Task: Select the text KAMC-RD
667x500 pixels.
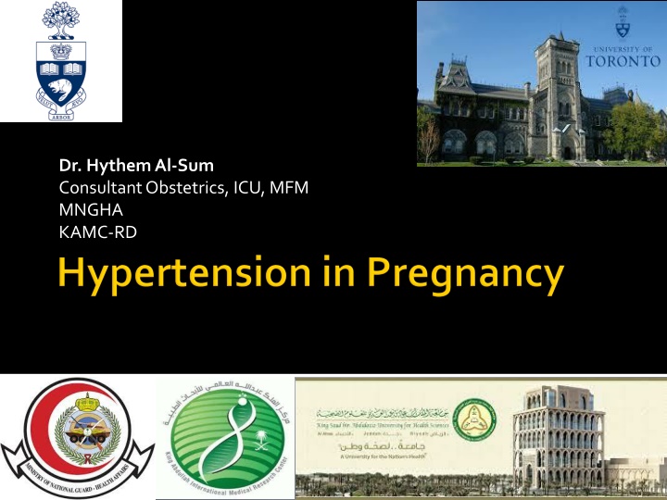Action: click(x=97, y=232)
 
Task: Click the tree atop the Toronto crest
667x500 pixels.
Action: click(x=60, y=20)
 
